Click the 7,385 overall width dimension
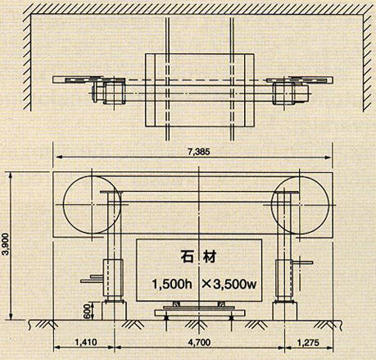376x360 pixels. pyautogui.click(x=199, y=152)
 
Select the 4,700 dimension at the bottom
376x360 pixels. pyautogui.click(x=200, y=342)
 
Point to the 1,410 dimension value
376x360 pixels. pyautogui.click(x=85, y=342)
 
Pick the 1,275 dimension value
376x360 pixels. pyautogui.click(x=308, y=342)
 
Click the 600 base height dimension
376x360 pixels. pyautogui.click(x=87, y=311)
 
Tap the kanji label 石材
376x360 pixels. pyautogui.click(x=198, y=257)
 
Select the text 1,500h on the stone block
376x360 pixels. pyautogui.click(x=172, y=285)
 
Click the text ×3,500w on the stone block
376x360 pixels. pyautogui.click(x=229, y=285)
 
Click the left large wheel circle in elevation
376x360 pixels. pyautogui.click(x=63, y=204)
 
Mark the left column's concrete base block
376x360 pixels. pyautogui.click(x=115, y=311)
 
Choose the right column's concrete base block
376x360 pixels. pyautogui.click(x=284, y=311)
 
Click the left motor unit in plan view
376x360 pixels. pyautogui.click(x=109, y=93)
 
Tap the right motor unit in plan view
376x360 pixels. pyautogui.click(x=291, y=93)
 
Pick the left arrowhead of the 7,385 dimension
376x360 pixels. pyautogui.click(x=58, y=157)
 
